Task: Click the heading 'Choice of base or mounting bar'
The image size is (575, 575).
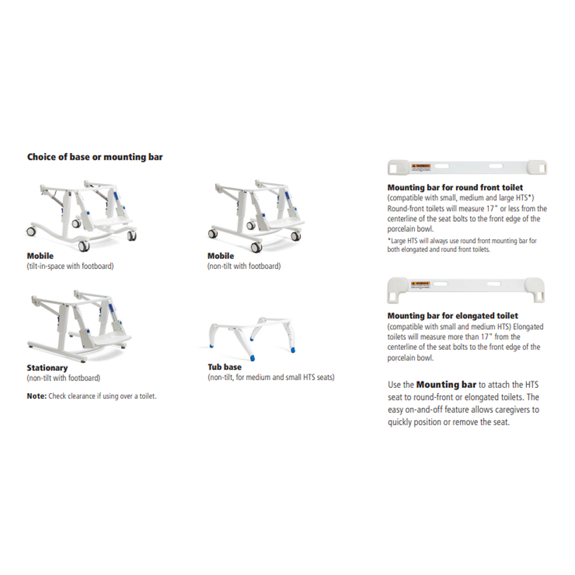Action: point(94,157)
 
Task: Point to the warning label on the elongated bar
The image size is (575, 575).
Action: point(422,285)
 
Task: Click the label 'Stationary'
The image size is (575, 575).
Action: point(47,368)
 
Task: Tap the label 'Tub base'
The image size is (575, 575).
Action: point(225,367)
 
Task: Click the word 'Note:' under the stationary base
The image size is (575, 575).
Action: point(37,396)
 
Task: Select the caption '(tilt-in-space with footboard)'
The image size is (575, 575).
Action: point(70,266)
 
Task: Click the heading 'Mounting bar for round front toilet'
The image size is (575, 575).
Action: point(455,188)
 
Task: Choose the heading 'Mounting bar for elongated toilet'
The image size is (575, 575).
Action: point(453,316)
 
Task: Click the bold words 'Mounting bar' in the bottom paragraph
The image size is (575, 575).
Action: point(446,385)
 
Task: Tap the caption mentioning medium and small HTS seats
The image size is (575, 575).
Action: point(271,377)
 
